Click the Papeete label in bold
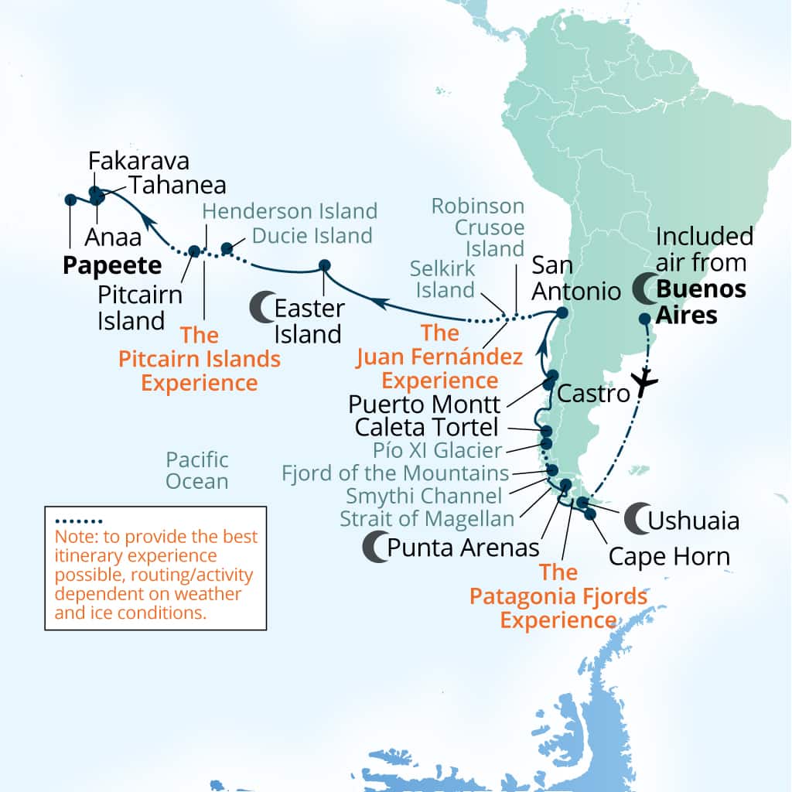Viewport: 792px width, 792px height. (112, 265)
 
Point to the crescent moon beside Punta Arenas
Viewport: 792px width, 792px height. (374, 548)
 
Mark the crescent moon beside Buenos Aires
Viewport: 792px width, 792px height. (644, 289)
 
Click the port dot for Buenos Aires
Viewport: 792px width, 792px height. (644, 318)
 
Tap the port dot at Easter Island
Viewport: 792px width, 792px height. (325, 266)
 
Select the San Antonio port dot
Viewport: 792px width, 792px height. (562, 313)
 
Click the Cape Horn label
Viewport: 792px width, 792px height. (669, 556)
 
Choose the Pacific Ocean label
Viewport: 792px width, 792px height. (197, 470)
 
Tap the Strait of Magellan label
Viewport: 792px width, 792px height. (427, 518)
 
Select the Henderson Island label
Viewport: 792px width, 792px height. (289, 210)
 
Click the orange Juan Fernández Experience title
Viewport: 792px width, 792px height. (440, 357)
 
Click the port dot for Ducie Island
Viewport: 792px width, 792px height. (227, 248)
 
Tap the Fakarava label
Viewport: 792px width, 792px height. (138, 161)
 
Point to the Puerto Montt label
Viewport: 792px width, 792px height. (424, 404)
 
